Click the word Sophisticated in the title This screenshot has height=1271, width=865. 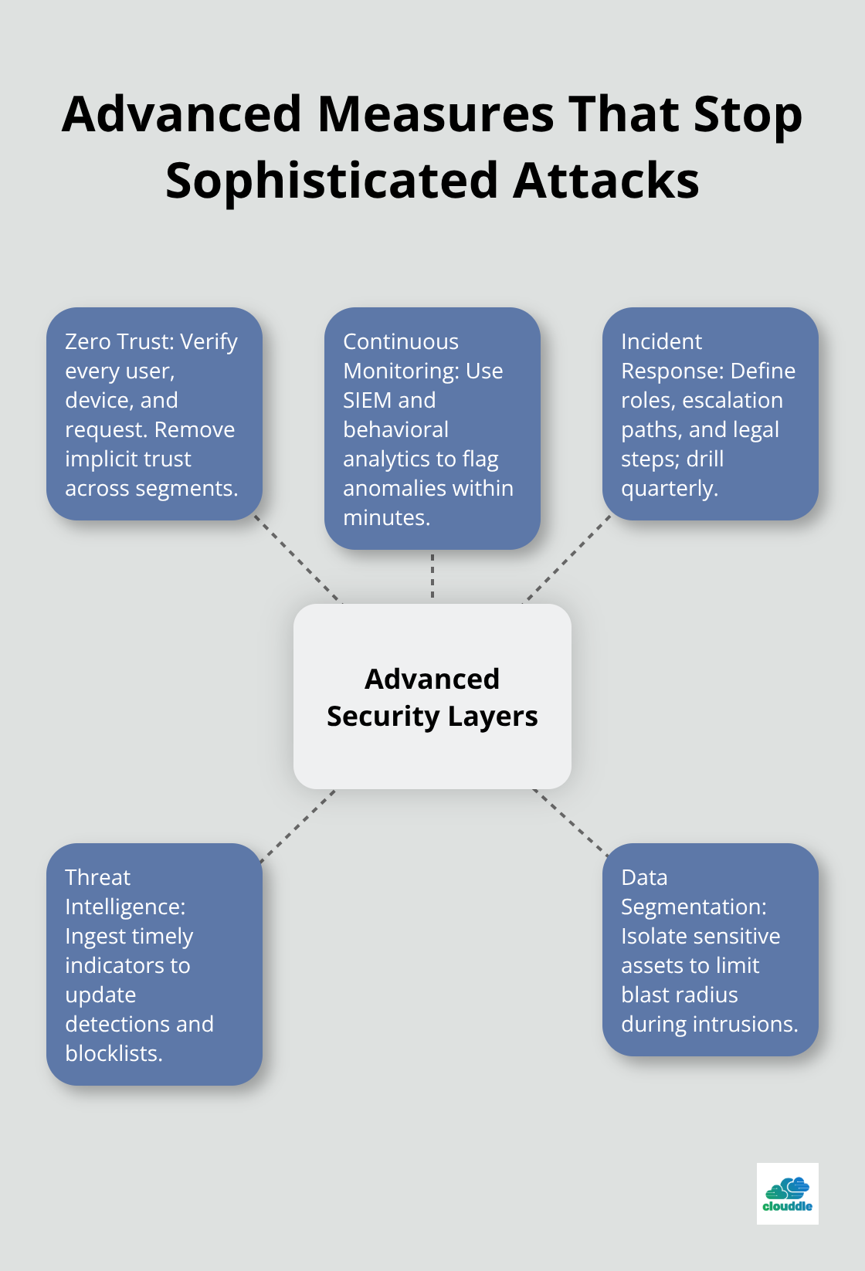tap(332, 181)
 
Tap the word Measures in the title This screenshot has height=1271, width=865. tap(436, 114)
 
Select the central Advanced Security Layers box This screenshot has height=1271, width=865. tap(432, 697)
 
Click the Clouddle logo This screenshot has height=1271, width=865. tap(787, 1194)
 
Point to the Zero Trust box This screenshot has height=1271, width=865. tap(154, 414)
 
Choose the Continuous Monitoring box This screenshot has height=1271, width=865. tap(432, 429)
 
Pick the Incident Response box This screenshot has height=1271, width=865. tap(711, 414)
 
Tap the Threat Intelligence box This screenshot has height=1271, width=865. tap(154, 964)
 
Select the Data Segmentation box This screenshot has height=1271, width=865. tap(711, 950)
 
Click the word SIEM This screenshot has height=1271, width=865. tap(368, 400)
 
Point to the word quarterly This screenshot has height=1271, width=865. tap(669, 489)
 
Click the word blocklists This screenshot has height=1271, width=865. tap(113, 1053)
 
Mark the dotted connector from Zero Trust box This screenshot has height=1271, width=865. tap(297, 559)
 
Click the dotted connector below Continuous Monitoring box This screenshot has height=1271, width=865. tap(432, 576)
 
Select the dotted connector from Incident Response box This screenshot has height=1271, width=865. tap(568, 559)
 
